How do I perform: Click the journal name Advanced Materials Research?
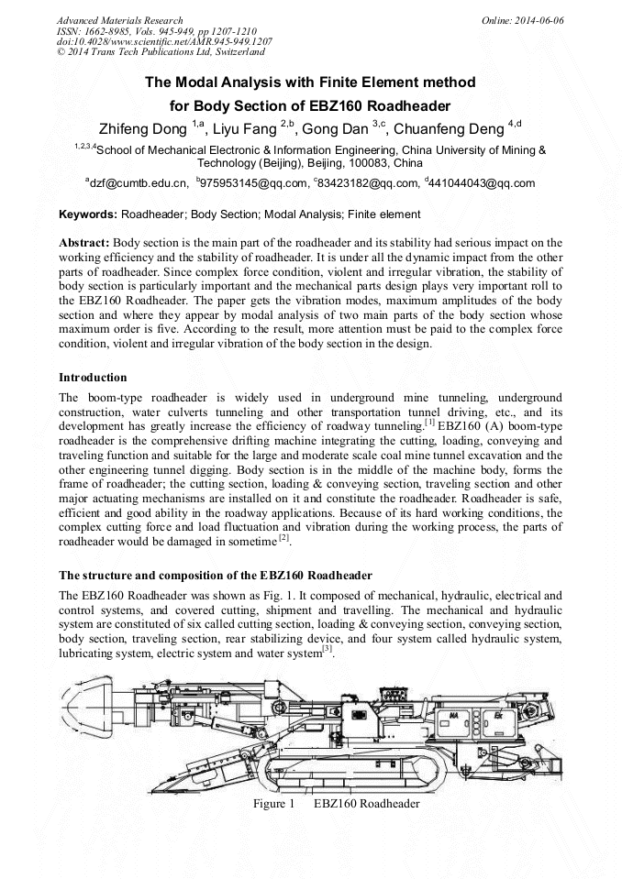click(119, 20)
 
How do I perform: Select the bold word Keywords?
click(87, 215)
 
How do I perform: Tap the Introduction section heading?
click(93, 377)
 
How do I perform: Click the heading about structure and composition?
click(216, 576)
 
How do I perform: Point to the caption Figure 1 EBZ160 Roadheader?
click(336, 804)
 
